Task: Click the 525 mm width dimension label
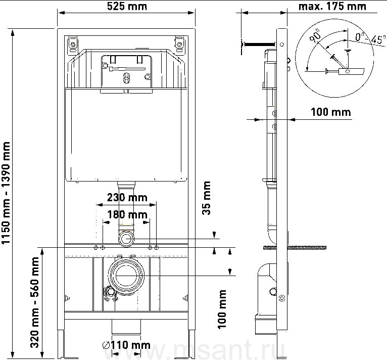click(127, 7)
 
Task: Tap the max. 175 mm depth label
click(332, 7)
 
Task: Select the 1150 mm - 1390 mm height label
click(6, 193)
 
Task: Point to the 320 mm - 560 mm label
click(34, 302)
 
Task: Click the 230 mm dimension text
click(127, 197)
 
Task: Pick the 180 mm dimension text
click(127, 214)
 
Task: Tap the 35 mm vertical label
click(206, 198)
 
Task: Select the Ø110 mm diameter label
click(126, 345)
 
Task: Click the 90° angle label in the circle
click(315, 35)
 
